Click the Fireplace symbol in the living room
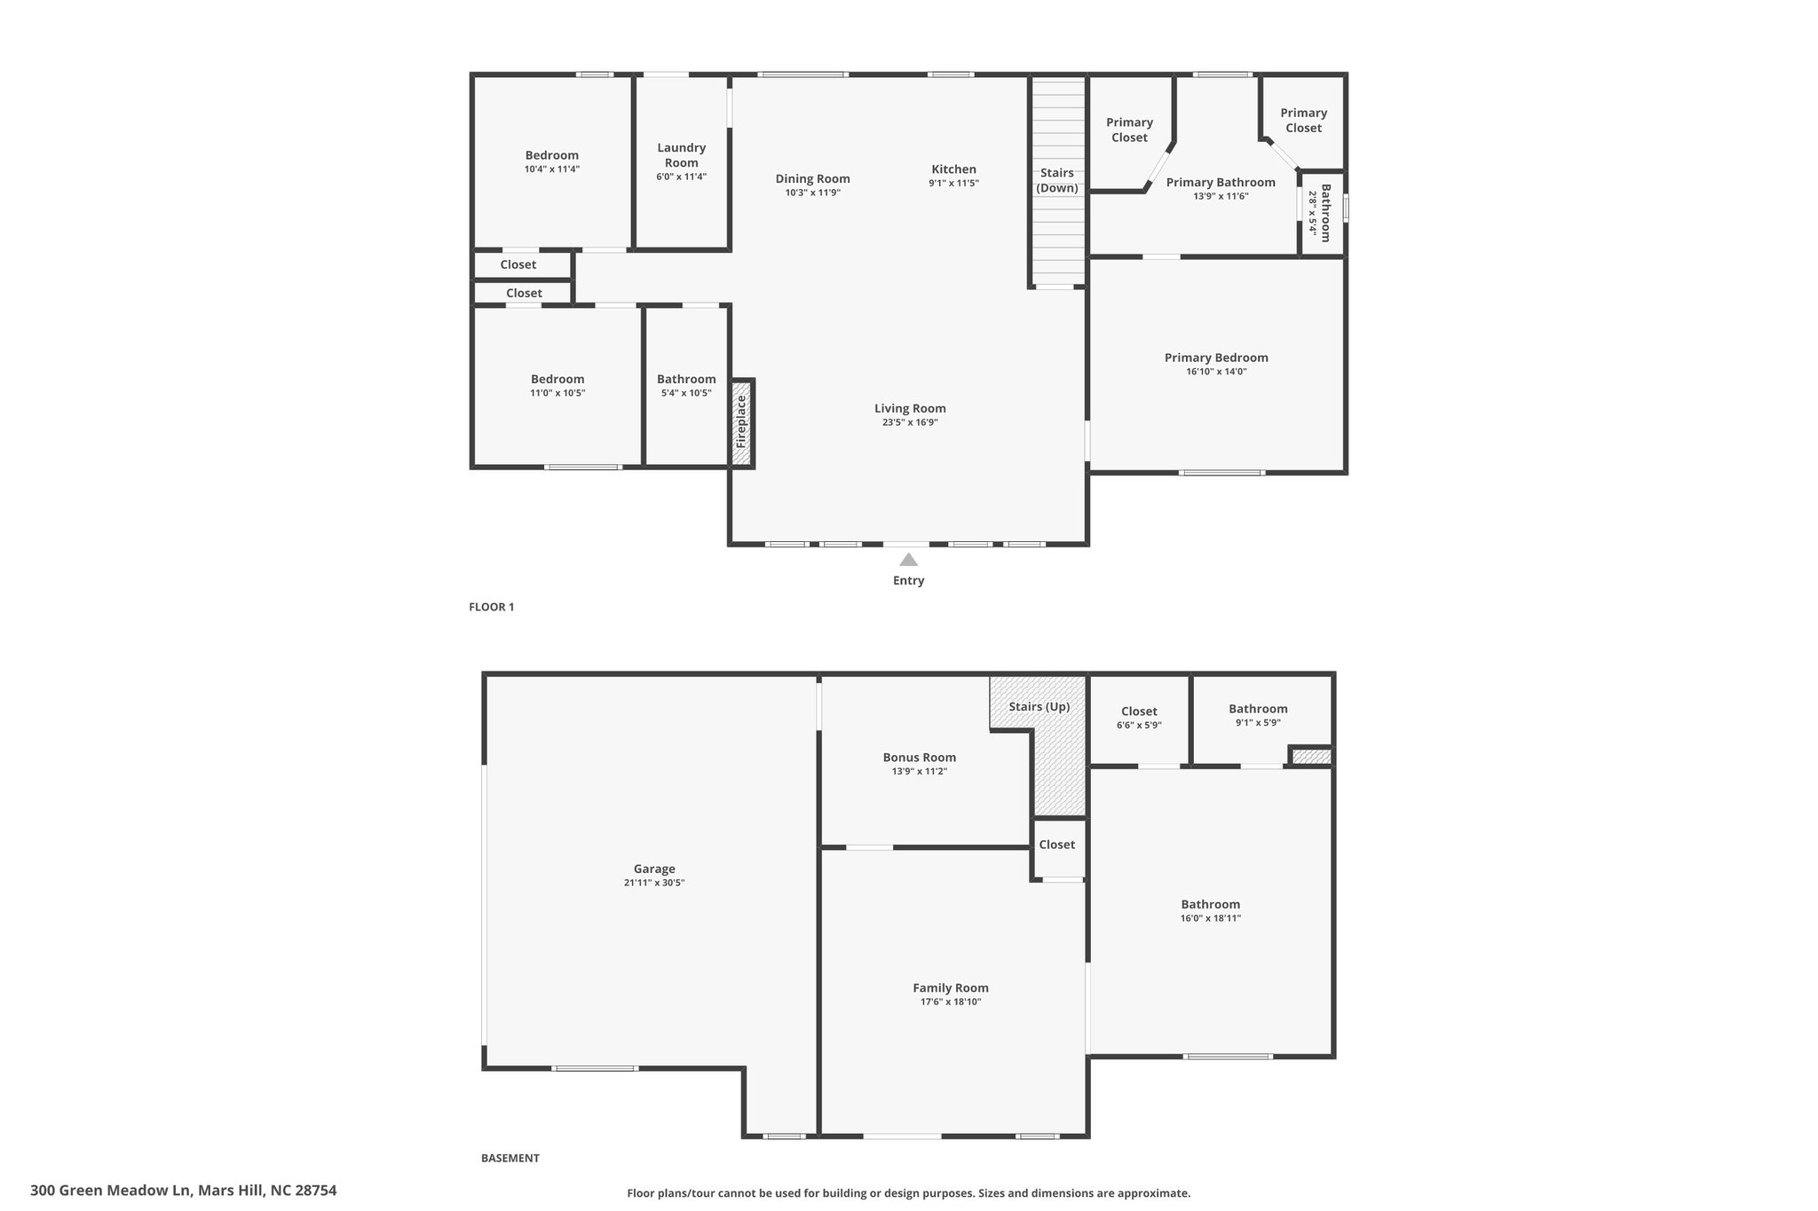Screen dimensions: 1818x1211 click(x=742, y=422)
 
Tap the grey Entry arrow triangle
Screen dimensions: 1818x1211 click(x=908, y=560)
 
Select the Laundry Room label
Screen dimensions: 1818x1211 click(x=682, y=155)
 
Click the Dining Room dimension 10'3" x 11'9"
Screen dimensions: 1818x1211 click(x=813, y=193)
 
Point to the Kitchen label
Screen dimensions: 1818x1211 click(x=953, y=169)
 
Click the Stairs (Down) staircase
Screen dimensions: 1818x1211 click(x=1057, y=181)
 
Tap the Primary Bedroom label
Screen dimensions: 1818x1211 click(x=1216, y=358)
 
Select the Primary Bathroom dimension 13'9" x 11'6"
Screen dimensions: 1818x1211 click(x=1221, y=196)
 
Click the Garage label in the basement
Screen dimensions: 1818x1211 click(x=654, y=869)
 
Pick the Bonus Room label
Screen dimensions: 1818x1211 click(x=919, y=758)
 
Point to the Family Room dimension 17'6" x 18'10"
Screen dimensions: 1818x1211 click(x=951, y=1002)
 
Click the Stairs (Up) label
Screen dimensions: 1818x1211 click(x=1039, y=707)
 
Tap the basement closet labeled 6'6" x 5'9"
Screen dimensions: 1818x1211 click(x=1139, y=718)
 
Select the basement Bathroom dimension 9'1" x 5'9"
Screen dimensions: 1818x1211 click(x=1258, y=723)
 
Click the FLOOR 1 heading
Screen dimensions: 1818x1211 click(x=492, y=607)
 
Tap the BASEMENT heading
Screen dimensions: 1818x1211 click(x=510, y=1158)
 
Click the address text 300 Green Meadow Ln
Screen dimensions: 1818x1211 click(x=111, y=1191)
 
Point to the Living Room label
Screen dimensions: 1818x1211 click(x=910, y=409)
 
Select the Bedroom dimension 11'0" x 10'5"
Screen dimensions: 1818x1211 click(x=557, y=393)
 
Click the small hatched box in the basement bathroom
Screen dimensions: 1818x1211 click(x=1311, y=757)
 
